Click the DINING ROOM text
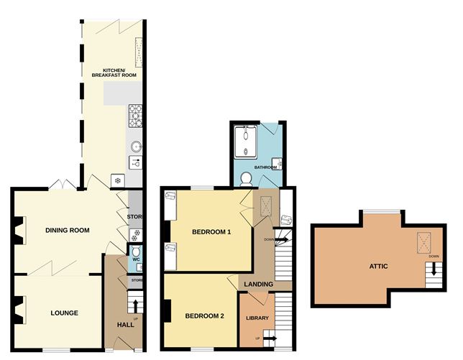point(67,231)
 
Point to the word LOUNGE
point(64,313)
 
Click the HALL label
point(125,325)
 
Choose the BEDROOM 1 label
point(211,232)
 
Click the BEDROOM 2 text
point(204,316)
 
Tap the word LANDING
point(258,285)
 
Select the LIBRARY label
point(257,318)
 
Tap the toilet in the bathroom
point(245,177)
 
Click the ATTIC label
point(379,267)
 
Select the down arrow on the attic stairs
point(434,272)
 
